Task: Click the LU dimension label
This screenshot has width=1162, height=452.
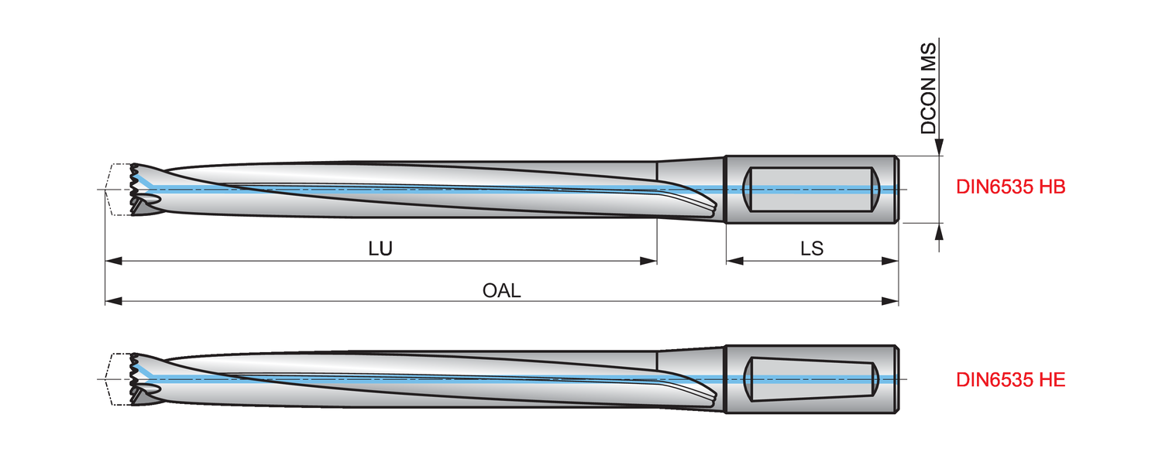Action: tap(380, 248)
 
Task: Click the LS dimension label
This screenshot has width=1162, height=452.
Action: tap(812, 248)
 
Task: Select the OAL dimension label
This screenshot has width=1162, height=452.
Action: tap(502, 290)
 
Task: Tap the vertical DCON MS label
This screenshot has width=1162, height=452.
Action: tap(929, 88)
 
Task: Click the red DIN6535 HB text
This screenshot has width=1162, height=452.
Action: tap(1010, 187)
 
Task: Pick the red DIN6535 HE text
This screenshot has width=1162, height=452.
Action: tap(1010, 380)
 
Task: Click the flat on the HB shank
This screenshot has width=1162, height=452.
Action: tap(812, 189)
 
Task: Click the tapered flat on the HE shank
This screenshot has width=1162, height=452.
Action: tap(812, 379)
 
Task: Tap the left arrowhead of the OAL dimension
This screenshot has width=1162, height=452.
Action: tap(113, 301)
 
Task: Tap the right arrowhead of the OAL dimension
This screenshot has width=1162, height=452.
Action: tap(890, 301)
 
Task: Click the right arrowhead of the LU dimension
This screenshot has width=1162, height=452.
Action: tap(648, 261)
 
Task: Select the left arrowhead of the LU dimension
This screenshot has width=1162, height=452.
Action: tap(113, 261)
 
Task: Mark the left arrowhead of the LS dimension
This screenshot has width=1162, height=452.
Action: tap(734, 261)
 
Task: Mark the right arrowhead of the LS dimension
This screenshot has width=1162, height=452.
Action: tap(890, 261)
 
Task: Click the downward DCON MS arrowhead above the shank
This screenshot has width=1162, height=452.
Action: tap(939, 147)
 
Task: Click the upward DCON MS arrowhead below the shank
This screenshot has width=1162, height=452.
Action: tap(939, 231)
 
